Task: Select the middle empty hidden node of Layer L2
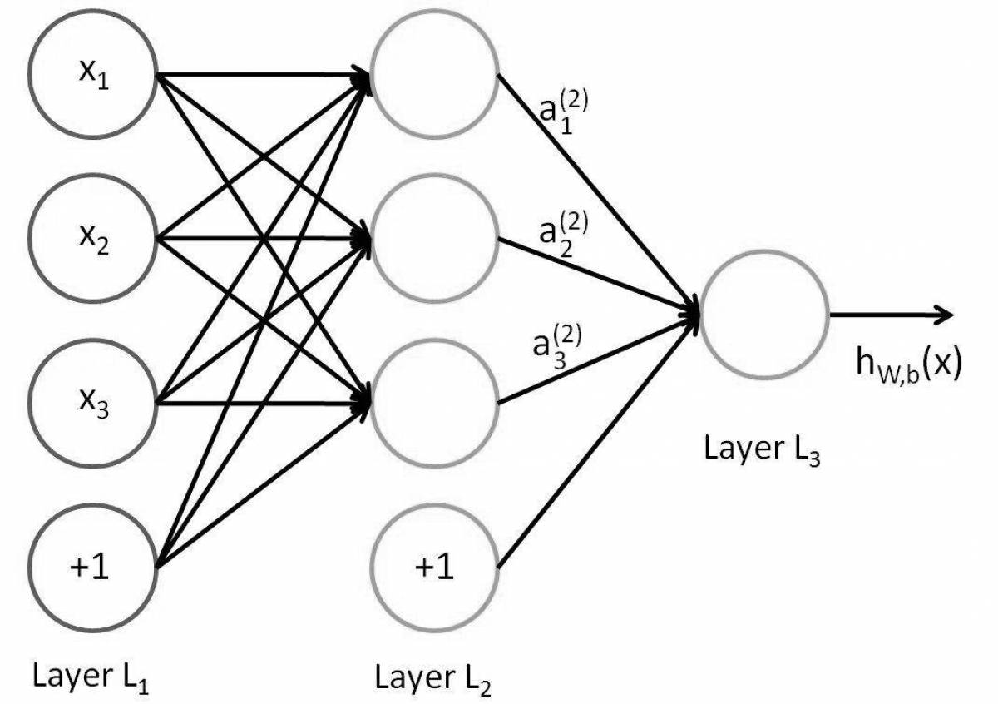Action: (x=434, y=239)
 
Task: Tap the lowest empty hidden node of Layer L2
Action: (x=434, y=404)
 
